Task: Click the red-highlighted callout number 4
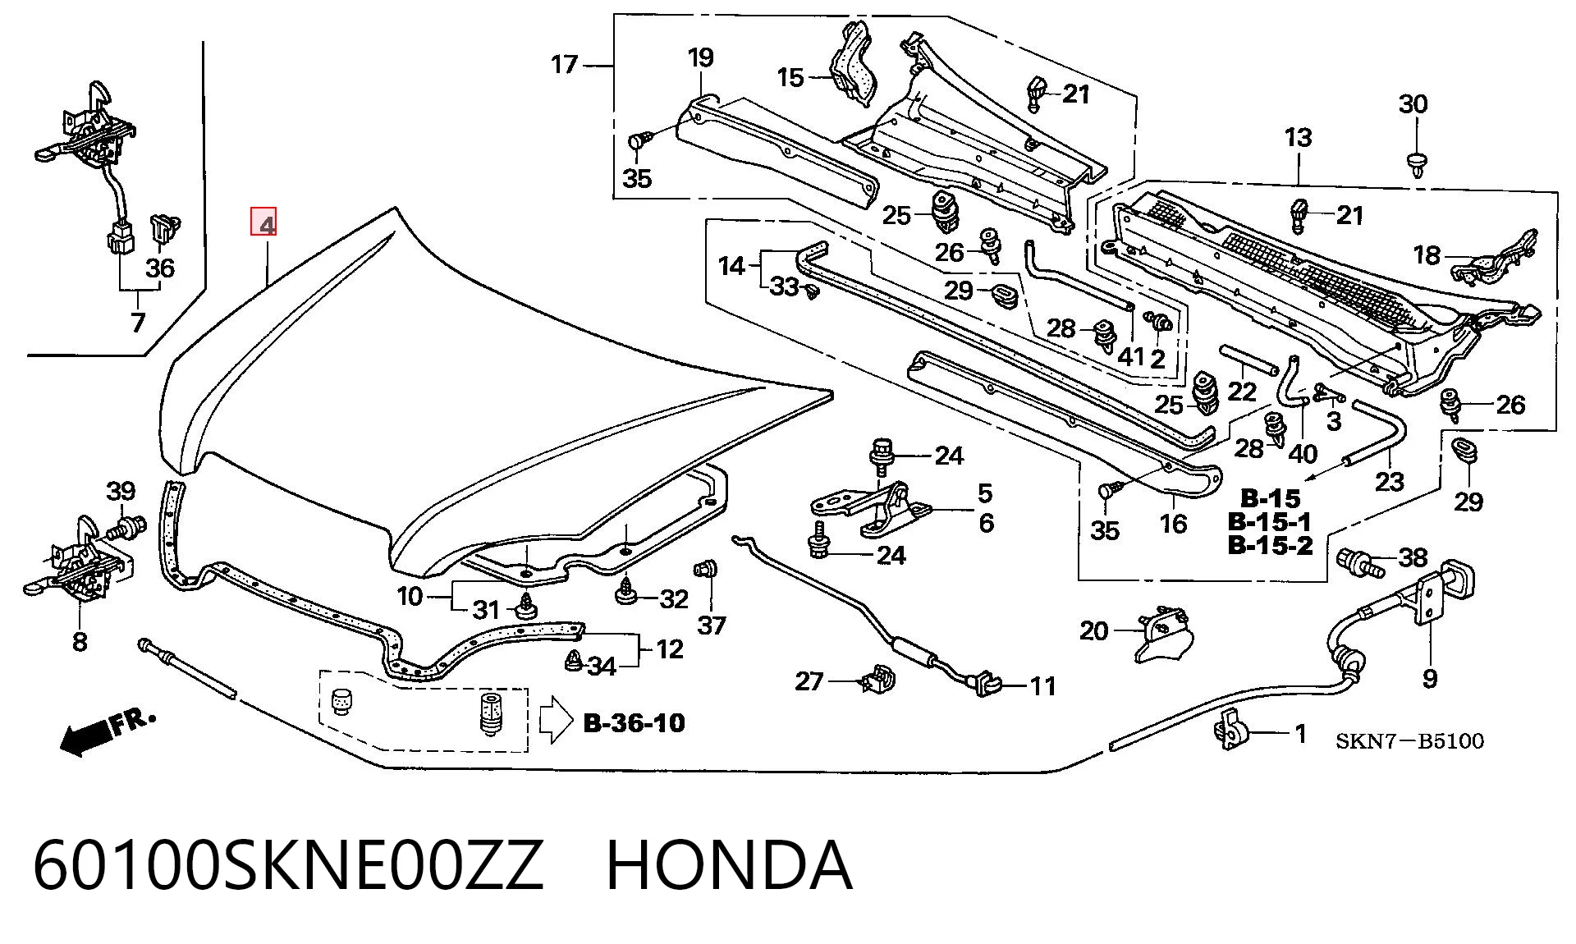[x=263, y=222]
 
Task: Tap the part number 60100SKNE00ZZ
[x=288, y=865]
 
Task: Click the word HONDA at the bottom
[x=729, y=865]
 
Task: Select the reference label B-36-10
[x=634, y=722]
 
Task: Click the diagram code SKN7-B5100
[x=1409, y=741]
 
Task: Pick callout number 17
[x=564, y=64]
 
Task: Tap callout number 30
[x=1413, y=104]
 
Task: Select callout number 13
[x=1298, y=137]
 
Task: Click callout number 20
[x=1093, y=630]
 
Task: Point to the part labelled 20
[x=1163, y=634]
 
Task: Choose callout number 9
[x=1430, y=678]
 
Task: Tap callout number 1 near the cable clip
[x=1300, y=733]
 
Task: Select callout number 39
[x=121, y=491]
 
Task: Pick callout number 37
[x=712, y=626]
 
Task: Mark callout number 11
[x=1042, y=685]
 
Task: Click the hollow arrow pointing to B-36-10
[x=556, y=721]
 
